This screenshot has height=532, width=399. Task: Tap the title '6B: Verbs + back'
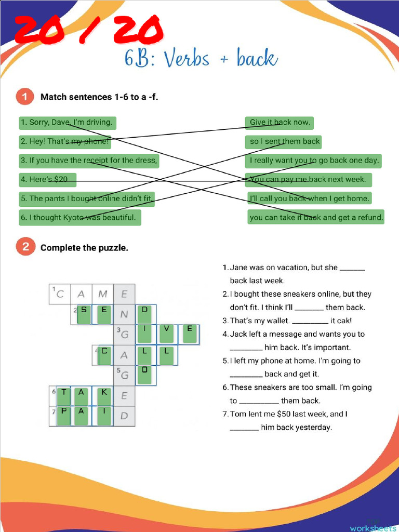pyautogui.click(x=201, y=59)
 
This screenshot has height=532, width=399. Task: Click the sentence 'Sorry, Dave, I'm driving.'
pyautogui.click(x=67, y=123)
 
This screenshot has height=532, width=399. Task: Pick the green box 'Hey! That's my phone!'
pyautogui.click(x=65, y=141)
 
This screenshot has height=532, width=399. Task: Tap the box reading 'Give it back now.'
pyautogui.click(x=280, y=123)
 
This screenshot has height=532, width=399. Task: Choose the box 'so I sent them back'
pyautogui.click(x=284, y=141)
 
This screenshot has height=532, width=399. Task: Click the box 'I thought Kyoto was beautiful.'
pyautogui.click(x=79, y=217)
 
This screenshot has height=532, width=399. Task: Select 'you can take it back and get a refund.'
pyautogui.click(x=316, y=217)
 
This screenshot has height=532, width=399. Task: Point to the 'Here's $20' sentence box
pyautogui.click(x=48, y=179)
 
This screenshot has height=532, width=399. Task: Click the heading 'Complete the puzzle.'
pyautogui.click(x=84, y=248)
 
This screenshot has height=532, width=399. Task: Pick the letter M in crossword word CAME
pyautogui.click(x=103, y=294)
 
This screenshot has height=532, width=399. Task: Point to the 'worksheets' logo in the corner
pyautogui.click(x=373, y=527)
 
